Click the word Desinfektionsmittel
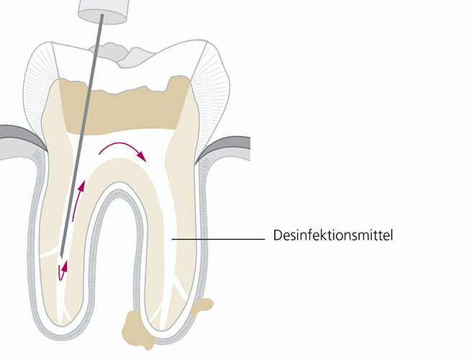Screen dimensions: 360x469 pos(332,235)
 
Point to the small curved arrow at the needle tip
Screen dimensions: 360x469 pos(63,270)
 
